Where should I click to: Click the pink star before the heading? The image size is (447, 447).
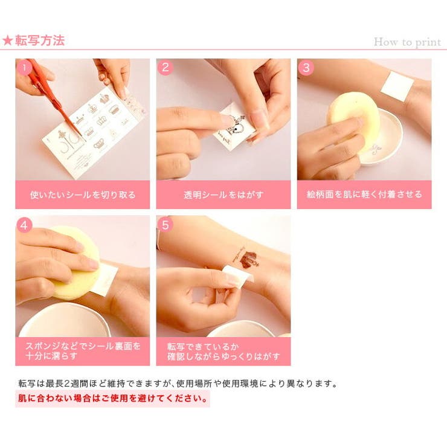[x=7, y=40]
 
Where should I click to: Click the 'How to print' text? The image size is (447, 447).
[x=407, y=42]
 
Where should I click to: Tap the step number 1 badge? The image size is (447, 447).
[x=24, y=68]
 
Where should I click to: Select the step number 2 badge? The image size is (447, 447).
[x=165, y=68]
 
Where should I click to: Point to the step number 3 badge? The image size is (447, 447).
[x=306, y=68]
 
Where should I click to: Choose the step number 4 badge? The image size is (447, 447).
[x=24, y=225]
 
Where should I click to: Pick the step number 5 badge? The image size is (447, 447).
[x=165, y=225]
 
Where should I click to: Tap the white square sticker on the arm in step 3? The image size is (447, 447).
[x=397, y=86]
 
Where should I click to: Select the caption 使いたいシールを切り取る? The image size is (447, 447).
[x=83, y=195]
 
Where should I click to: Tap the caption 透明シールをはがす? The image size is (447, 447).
[x=224, y=195]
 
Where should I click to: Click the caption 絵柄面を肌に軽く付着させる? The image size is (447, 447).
[x=364, y=195]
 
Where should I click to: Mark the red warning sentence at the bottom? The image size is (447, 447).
[x=112, y=398]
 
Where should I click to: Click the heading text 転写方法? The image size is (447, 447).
[x=40, y=40]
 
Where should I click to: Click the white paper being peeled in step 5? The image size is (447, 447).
[x=238, y=274]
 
